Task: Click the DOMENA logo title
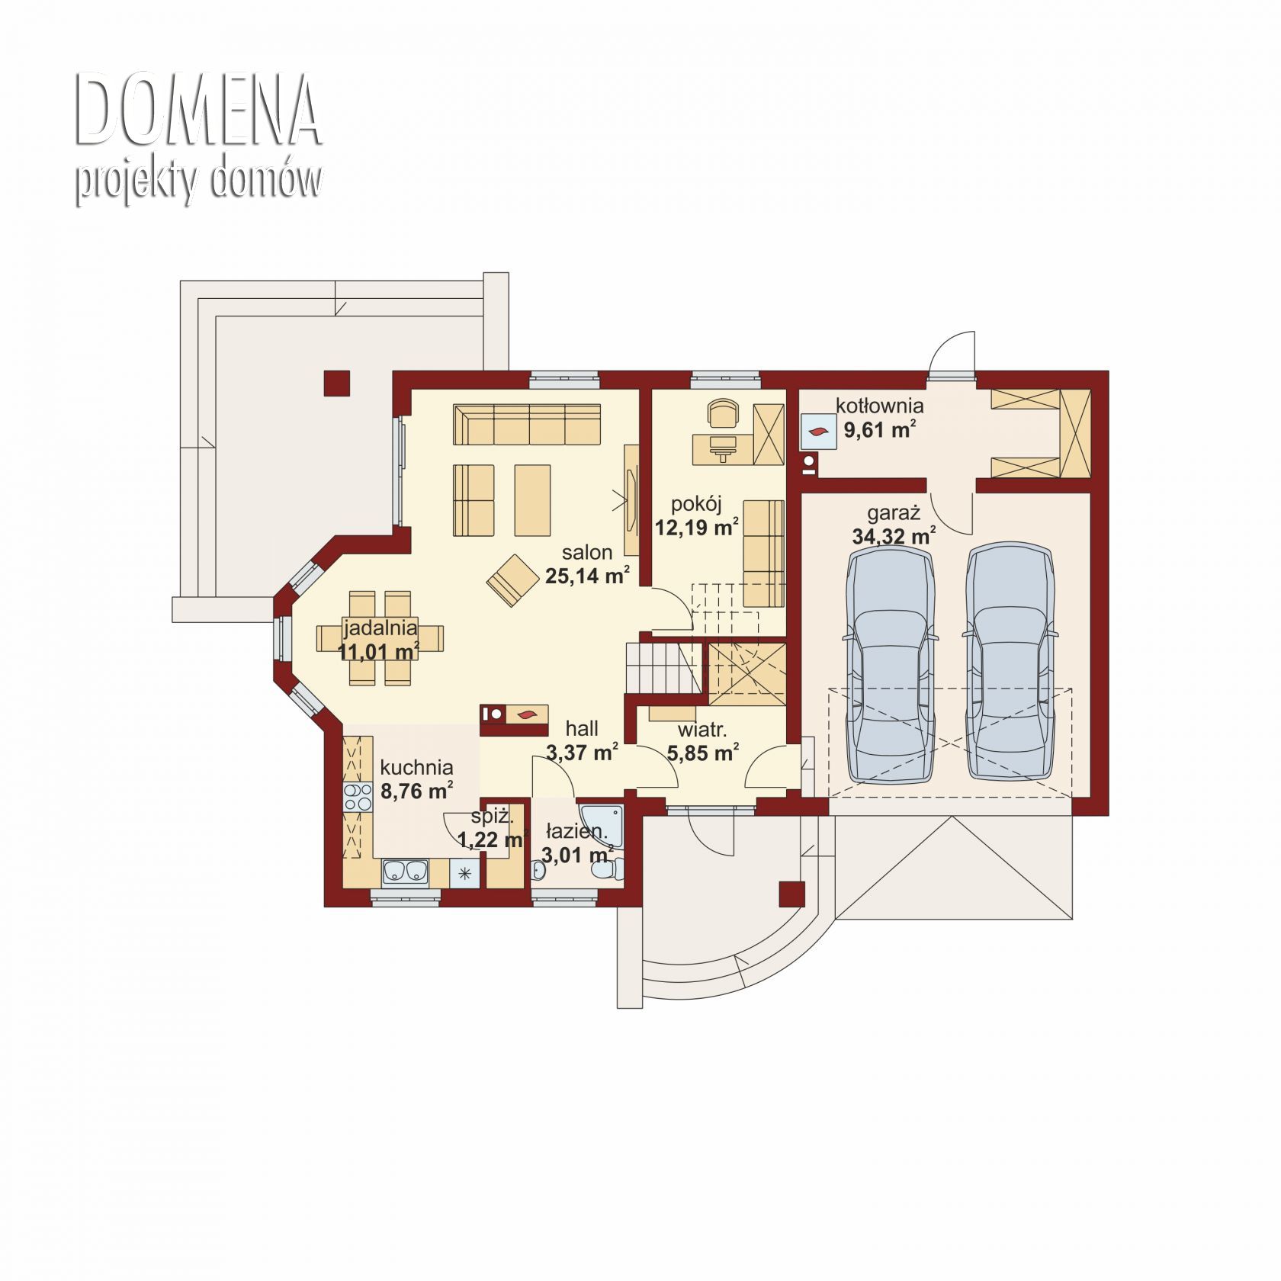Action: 198,111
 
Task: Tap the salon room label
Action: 587,552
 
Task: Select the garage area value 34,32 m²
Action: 894,535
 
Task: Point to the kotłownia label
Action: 879,406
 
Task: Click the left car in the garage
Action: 890,662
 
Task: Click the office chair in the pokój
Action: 723,414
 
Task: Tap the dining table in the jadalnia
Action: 380,638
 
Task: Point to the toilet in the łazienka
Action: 608,870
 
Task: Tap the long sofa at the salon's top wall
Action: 527,424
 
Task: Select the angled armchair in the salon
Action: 512,580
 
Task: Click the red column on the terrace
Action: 336,384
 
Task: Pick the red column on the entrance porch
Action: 792,894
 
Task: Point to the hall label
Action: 582,729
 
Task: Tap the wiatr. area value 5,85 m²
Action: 702,753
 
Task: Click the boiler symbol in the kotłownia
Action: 817,432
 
